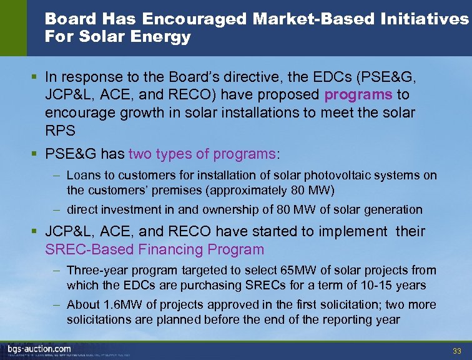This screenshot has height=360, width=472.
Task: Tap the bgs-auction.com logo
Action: [x=39, y=348]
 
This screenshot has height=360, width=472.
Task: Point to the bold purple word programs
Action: [x=358, y=94]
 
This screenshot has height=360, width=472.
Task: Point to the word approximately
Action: [x=249, y=190]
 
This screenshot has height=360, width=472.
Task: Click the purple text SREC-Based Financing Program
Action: [x=155, y=250]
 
